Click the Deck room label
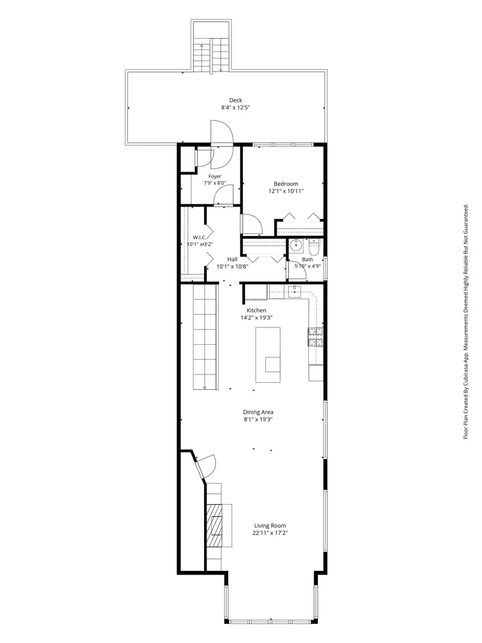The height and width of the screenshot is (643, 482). click(236, 100)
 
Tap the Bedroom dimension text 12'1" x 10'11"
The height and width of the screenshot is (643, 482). click(286, 191)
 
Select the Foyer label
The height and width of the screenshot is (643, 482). click(215, 176)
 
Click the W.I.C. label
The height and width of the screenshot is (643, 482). click(199, 237)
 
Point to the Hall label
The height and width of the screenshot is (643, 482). click(233, 259)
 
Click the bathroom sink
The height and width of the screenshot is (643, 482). click(296, 246)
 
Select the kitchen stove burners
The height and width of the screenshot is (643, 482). click(315, 336)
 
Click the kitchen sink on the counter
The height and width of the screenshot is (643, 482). click(295, 292)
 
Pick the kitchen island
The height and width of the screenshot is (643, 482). click(268, 355)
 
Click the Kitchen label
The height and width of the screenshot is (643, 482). click(256, 310)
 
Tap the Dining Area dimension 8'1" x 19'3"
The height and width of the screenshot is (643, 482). click(258, 420)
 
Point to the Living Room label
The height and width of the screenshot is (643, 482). click(270, 526)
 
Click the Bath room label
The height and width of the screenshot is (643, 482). click(308, 259)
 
